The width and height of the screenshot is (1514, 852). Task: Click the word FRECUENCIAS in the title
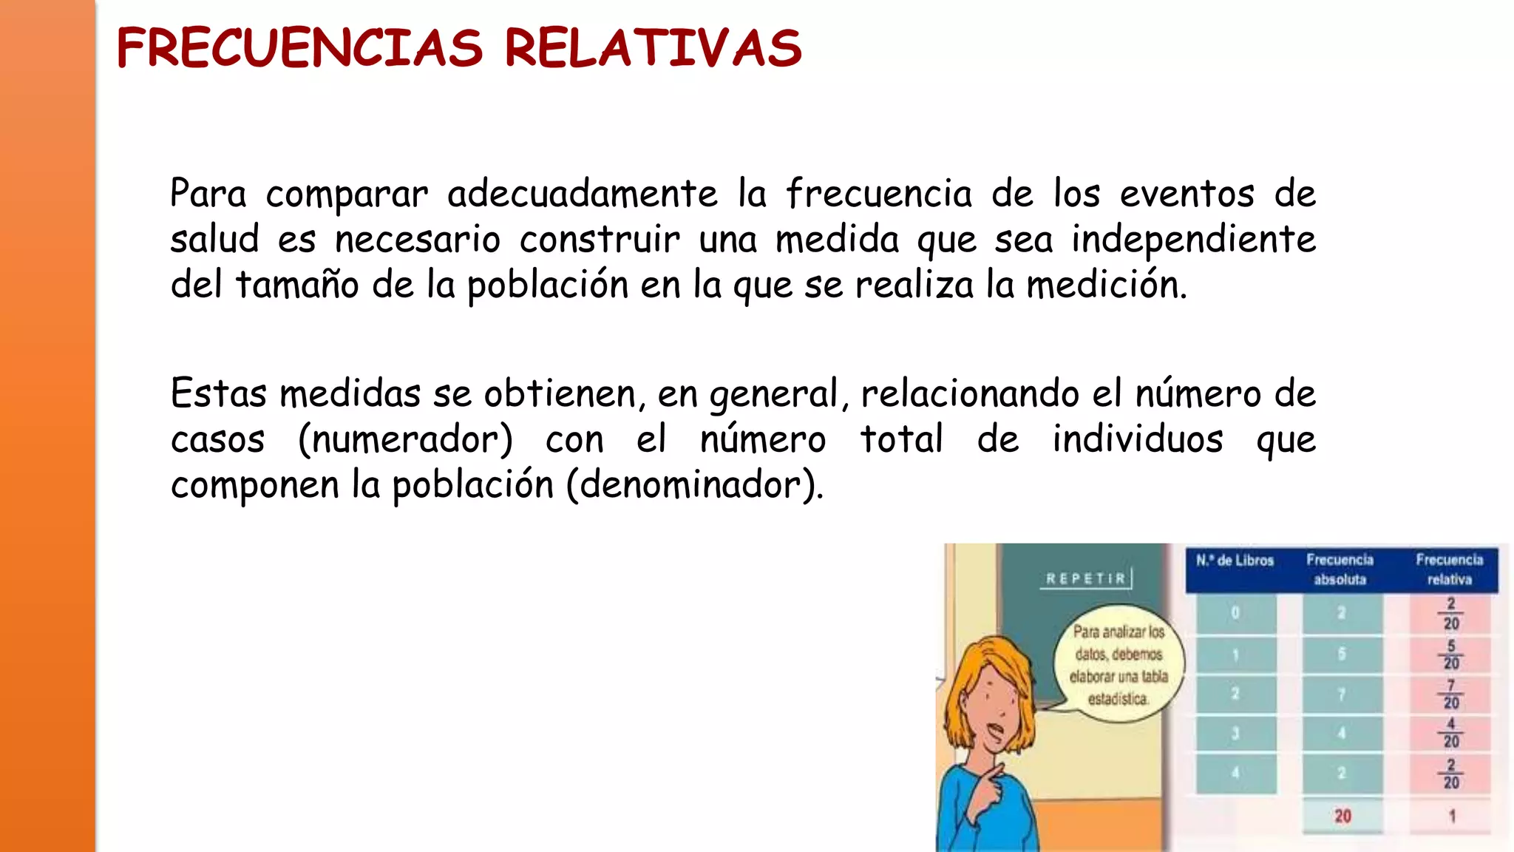pos(299,49)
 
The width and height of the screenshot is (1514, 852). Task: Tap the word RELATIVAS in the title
pos(653,49)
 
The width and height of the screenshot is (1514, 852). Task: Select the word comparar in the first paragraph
pos(347,195)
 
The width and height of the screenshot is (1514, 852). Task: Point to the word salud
pos(214,240)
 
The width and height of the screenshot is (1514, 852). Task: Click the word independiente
pos(1193,240)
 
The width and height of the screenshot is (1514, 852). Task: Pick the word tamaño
pos(297,285)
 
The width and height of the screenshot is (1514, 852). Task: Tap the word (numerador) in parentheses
pos(405,439)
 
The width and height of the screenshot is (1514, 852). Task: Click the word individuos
pos(1138,439)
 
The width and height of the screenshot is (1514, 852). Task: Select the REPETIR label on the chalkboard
pos(1085,578)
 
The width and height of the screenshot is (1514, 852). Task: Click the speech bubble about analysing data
pos(1118,665)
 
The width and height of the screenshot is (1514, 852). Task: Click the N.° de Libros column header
pos(1235,561)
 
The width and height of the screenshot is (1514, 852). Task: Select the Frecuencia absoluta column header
pos(1340,569)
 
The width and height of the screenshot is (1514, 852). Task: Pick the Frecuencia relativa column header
pos(1449,569)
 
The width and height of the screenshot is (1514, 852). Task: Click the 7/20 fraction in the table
pos(1451,694)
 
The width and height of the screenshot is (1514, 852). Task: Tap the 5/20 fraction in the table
pos(1451,655)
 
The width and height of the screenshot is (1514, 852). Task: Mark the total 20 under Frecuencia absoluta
pos(1342,816)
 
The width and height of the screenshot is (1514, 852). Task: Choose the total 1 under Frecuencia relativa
pos(1452,816)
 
